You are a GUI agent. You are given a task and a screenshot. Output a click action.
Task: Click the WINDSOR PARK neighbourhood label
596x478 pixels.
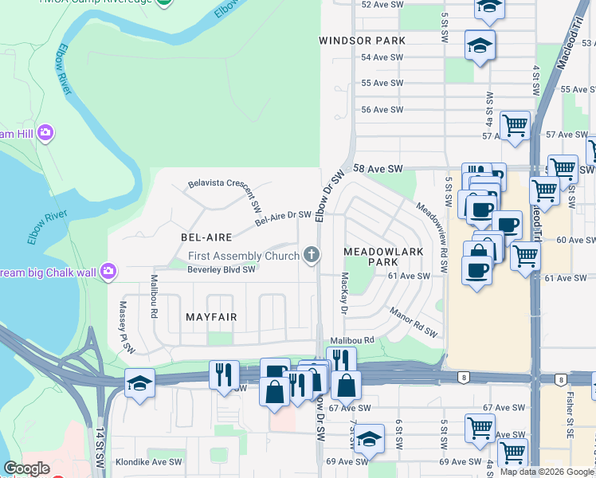[x=362, y=41]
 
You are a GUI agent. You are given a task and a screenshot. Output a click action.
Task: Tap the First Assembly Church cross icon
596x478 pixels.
[x=312, y=255]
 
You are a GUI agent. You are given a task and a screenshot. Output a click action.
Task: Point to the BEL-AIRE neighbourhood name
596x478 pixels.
[x=206, y=237]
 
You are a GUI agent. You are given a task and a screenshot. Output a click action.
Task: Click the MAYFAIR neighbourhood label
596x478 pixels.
[x=211, y=317]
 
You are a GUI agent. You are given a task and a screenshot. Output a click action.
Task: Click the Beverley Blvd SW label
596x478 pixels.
[x=221, y=269]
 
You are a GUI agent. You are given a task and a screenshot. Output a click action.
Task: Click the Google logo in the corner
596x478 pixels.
[x=26, y=468]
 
